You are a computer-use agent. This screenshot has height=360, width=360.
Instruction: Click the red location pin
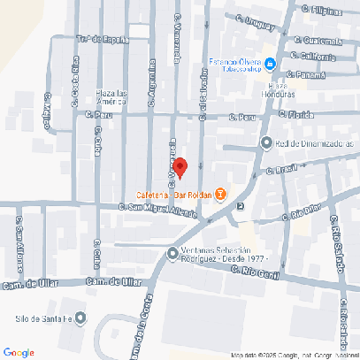pos(180,166)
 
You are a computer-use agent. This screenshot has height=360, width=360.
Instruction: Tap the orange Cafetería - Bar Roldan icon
pos(220,195)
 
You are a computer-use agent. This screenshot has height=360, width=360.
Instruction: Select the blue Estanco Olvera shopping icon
pos(270,62)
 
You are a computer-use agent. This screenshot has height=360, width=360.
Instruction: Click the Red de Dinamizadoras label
pos(314,143)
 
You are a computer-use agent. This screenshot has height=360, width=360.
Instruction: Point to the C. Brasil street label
pos(283,168)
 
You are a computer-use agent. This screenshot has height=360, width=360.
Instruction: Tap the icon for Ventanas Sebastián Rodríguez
pos(172,255)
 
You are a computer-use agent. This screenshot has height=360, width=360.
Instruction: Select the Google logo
pos(19,352)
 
